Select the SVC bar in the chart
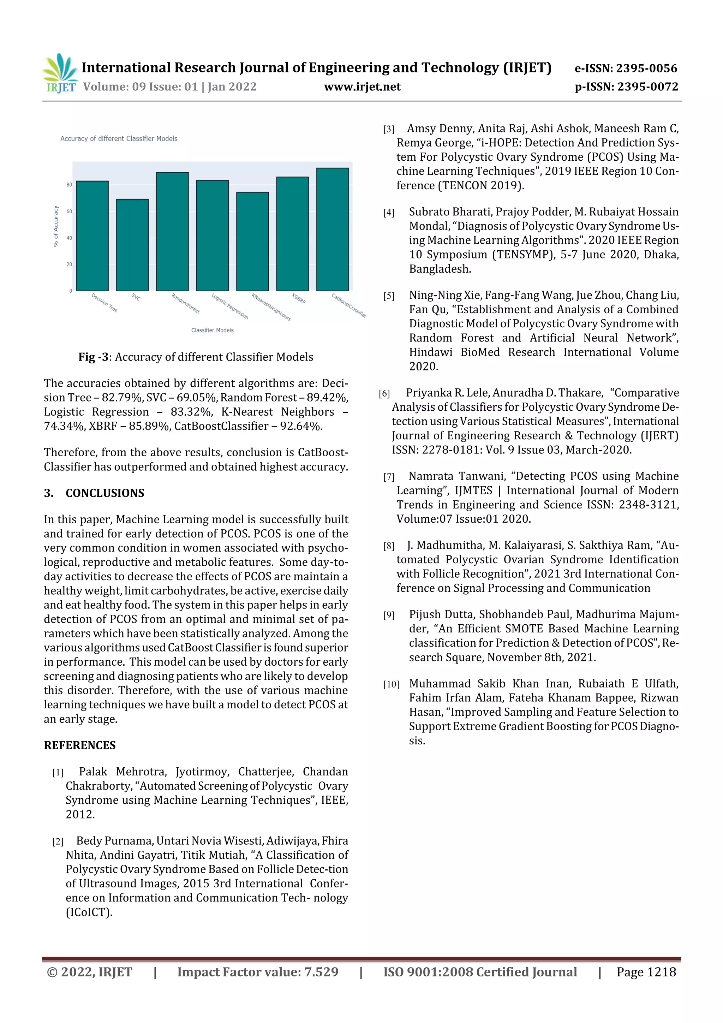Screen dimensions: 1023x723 (132, 245)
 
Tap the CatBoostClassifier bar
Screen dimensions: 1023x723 (332, 229)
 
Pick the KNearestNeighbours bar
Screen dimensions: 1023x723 (252, 241)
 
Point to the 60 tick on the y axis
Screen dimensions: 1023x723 (69, 212)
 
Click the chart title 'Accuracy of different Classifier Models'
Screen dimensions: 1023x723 (119, 138)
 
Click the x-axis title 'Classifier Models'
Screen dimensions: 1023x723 (212, 330)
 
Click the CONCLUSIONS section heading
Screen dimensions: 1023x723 (105, 493)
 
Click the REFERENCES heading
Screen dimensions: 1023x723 (80, 745)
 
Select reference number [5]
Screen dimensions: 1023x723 (388, 296)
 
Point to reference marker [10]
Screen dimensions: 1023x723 (391, 684)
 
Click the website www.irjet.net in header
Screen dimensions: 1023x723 (362, 87)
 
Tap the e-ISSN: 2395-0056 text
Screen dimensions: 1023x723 (626, 68)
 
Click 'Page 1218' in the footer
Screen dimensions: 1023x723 (646, 972)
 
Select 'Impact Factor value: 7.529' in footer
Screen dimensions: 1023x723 (257, 972)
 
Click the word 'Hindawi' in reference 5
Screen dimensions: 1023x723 (430, 352)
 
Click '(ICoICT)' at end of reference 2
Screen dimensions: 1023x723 (89, 912)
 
